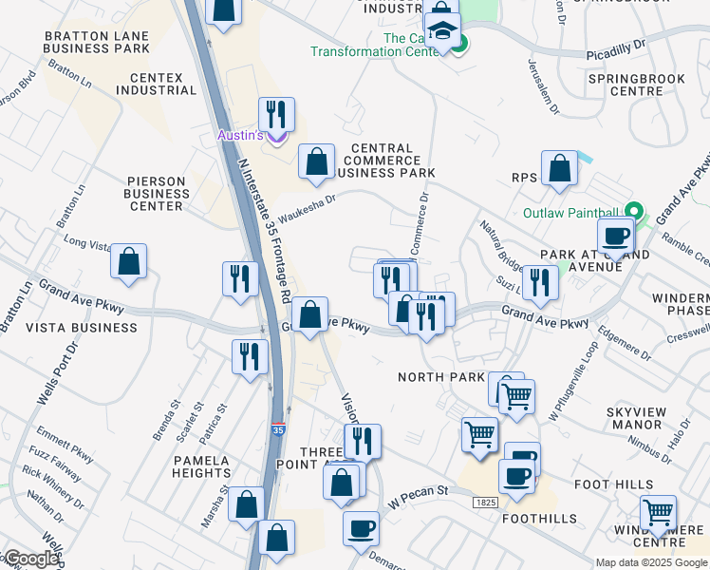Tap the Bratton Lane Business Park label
tap(97, 42)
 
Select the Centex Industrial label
tap(156, 84)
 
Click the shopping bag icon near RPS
tap(561, 168)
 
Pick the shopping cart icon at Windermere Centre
tap(658, 513)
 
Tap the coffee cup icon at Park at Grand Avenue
tap(615, 235)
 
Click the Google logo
tap(31, 559)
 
